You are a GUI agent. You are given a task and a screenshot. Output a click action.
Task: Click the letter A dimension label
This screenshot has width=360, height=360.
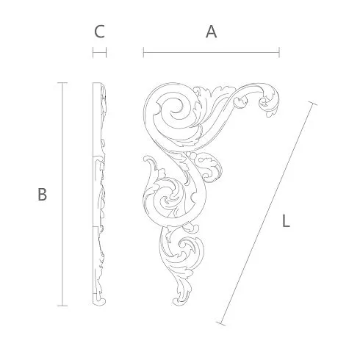tap(211, 32)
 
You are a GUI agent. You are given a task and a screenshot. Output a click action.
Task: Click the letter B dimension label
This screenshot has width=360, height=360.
tap(42, 195)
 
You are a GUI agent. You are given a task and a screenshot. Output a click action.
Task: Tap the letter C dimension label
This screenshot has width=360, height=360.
tap(99, 32)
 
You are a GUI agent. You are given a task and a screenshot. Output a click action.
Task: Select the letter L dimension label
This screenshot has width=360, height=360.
tap(286, 221)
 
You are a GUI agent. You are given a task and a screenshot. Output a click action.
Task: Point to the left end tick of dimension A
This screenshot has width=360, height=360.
tap(143, 52)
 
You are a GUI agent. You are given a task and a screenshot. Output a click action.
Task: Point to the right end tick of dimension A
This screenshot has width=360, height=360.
tap(279, 52)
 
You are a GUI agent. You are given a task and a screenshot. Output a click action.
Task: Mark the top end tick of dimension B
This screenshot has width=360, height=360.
tap(62, 83)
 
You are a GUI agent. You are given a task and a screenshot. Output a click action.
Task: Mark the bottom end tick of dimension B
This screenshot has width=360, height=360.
tap(62, 306)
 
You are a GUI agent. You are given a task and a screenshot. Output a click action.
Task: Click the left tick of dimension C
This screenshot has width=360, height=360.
tap(93, 52)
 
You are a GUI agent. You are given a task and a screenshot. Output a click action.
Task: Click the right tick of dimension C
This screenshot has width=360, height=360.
tap(106, 52)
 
